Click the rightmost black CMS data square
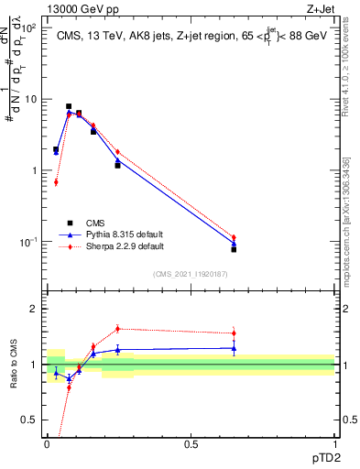click(x=234, y=249)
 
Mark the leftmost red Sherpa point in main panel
click(x=56, y=182)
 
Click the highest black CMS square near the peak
click(x=69, y=106)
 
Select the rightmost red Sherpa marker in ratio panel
click(x=234, y=333)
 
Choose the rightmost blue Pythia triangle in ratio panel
click(x=234, y=348)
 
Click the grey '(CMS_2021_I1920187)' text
click(x=190, y=273)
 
